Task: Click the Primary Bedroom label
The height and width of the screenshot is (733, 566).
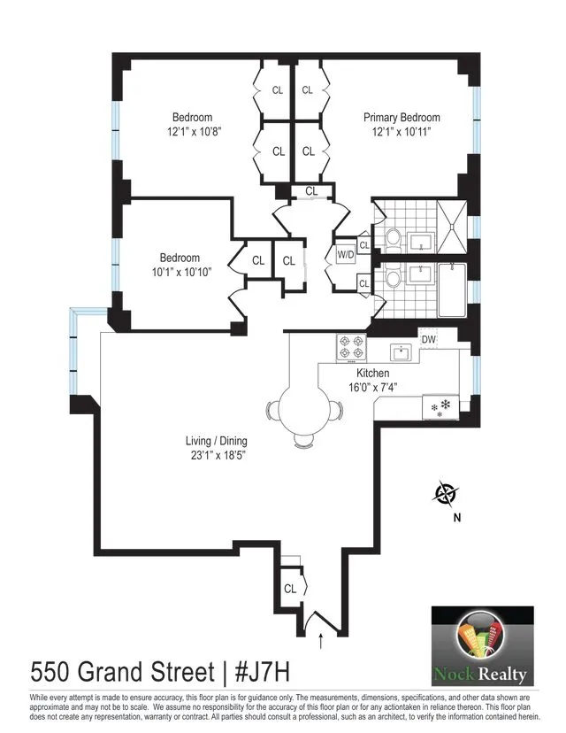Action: (402, 118)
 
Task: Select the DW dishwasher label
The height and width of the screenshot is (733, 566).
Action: (429, 339)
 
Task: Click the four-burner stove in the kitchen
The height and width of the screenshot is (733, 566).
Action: (351, 349)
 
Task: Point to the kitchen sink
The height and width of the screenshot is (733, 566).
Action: (403, 353)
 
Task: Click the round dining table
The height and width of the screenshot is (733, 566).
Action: (305, 412)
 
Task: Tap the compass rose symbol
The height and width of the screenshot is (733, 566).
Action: (447, 493)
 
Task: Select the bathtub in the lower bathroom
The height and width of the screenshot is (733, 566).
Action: (444, 291)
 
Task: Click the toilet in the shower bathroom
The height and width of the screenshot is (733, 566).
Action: (393, 238)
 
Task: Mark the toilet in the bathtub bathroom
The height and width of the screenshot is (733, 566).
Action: (393, 279)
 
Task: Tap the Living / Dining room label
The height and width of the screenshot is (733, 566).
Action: (216, 441)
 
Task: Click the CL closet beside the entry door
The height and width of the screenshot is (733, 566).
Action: (290, 589)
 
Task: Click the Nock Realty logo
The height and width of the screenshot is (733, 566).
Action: (482, 647)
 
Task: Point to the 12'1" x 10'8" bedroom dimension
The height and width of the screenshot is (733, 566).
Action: (191, 131)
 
